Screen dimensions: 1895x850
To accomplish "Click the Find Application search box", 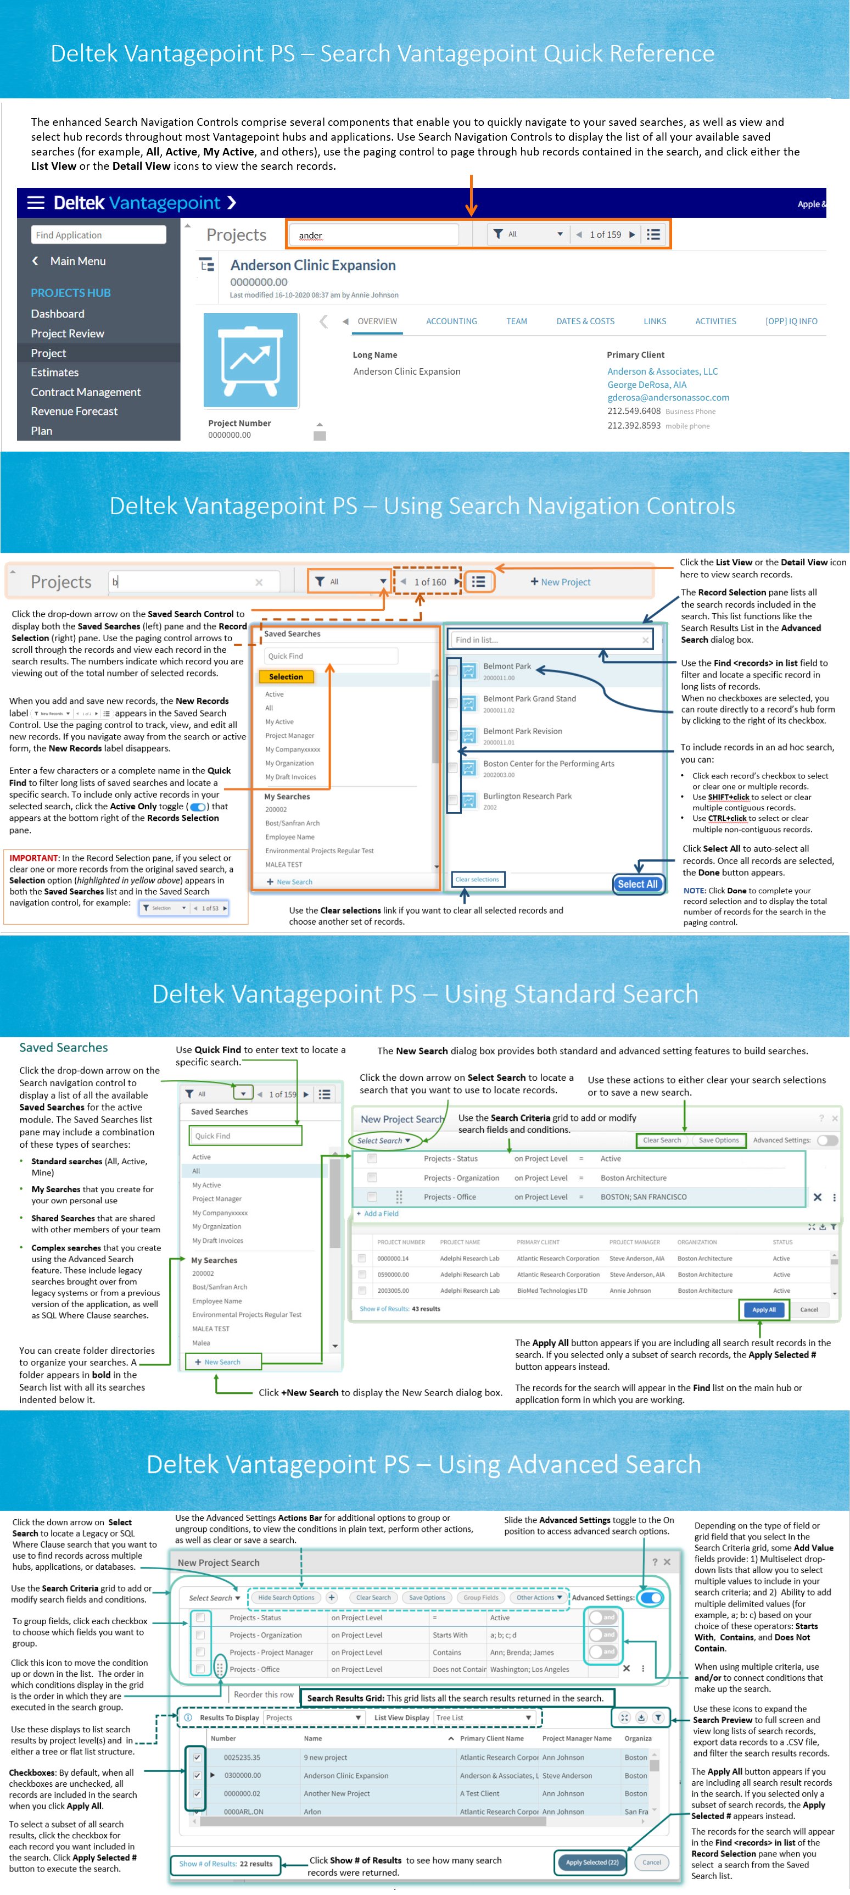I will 98,235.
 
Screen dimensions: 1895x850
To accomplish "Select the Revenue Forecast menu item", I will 74,411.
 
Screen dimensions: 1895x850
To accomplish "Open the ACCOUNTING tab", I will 451,321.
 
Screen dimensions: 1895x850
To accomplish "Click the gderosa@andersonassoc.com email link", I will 668,397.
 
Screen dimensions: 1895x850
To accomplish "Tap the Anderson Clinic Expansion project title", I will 312,265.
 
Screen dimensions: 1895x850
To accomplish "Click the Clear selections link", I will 477,879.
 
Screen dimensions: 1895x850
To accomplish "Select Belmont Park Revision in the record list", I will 522,731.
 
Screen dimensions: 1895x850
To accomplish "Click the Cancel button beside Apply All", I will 809,1309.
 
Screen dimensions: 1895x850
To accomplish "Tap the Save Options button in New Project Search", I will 718,1140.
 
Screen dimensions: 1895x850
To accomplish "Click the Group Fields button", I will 481,1598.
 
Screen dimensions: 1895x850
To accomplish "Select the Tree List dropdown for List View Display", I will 484,1718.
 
